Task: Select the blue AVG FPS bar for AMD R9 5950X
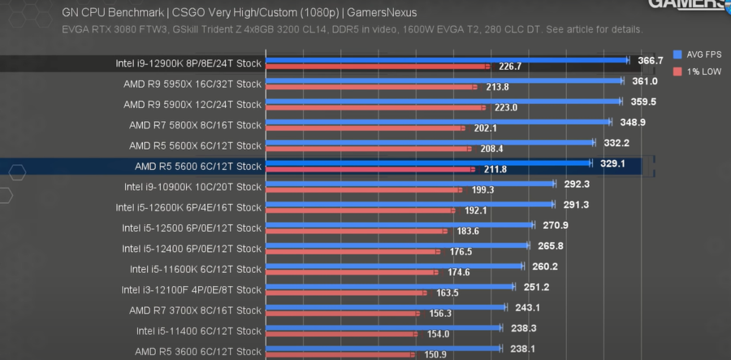(x=443, y=80)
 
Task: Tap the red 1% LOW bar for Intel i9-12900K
(x=378, y=67)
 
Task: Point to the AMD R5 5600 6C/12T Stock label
(x=198, y=167)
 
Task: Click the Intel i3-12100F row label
(x=192, y=289)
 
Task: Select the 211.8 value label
(x=494, y=169)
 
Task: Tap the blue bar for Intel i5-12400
(x=398, y=245)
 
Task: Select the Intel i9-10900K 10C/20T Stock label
(x=192, y=187)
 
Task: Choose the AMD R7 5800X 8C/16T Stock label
(x=195, y=125)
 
